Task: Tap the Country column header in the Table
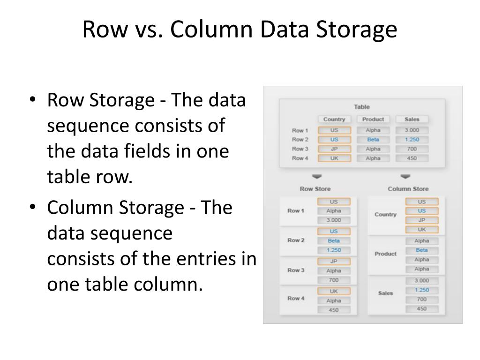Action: [x=334, y=119]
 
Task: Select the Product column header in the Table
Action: [x=373, y=119]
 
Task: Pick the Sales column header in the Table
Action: [x=412, y=119]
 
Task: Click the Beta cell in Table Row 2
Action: [x=373, y=140]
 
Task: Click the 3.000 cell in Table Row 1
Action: [x=412, y=130]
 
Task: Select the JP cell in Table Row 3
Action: [x=334, y=149]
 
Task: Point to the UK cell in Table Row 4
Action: [x=334, y=158]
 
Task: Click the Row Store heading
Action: [x=315, y=189]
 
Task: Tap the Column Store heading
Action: [x=408, y=189]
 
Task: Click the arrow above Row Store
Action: [x=317, y=177]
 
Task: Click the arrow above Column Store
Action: [x=405, y=177]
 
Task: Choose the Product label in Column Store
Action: [x=385, y=254]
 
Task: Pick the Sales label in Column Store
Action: [x=385, y=293]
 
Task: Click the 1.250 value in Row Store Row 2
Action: [x=334, y=250]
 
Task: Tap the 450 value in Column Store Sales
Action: [x=421, y=309]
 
